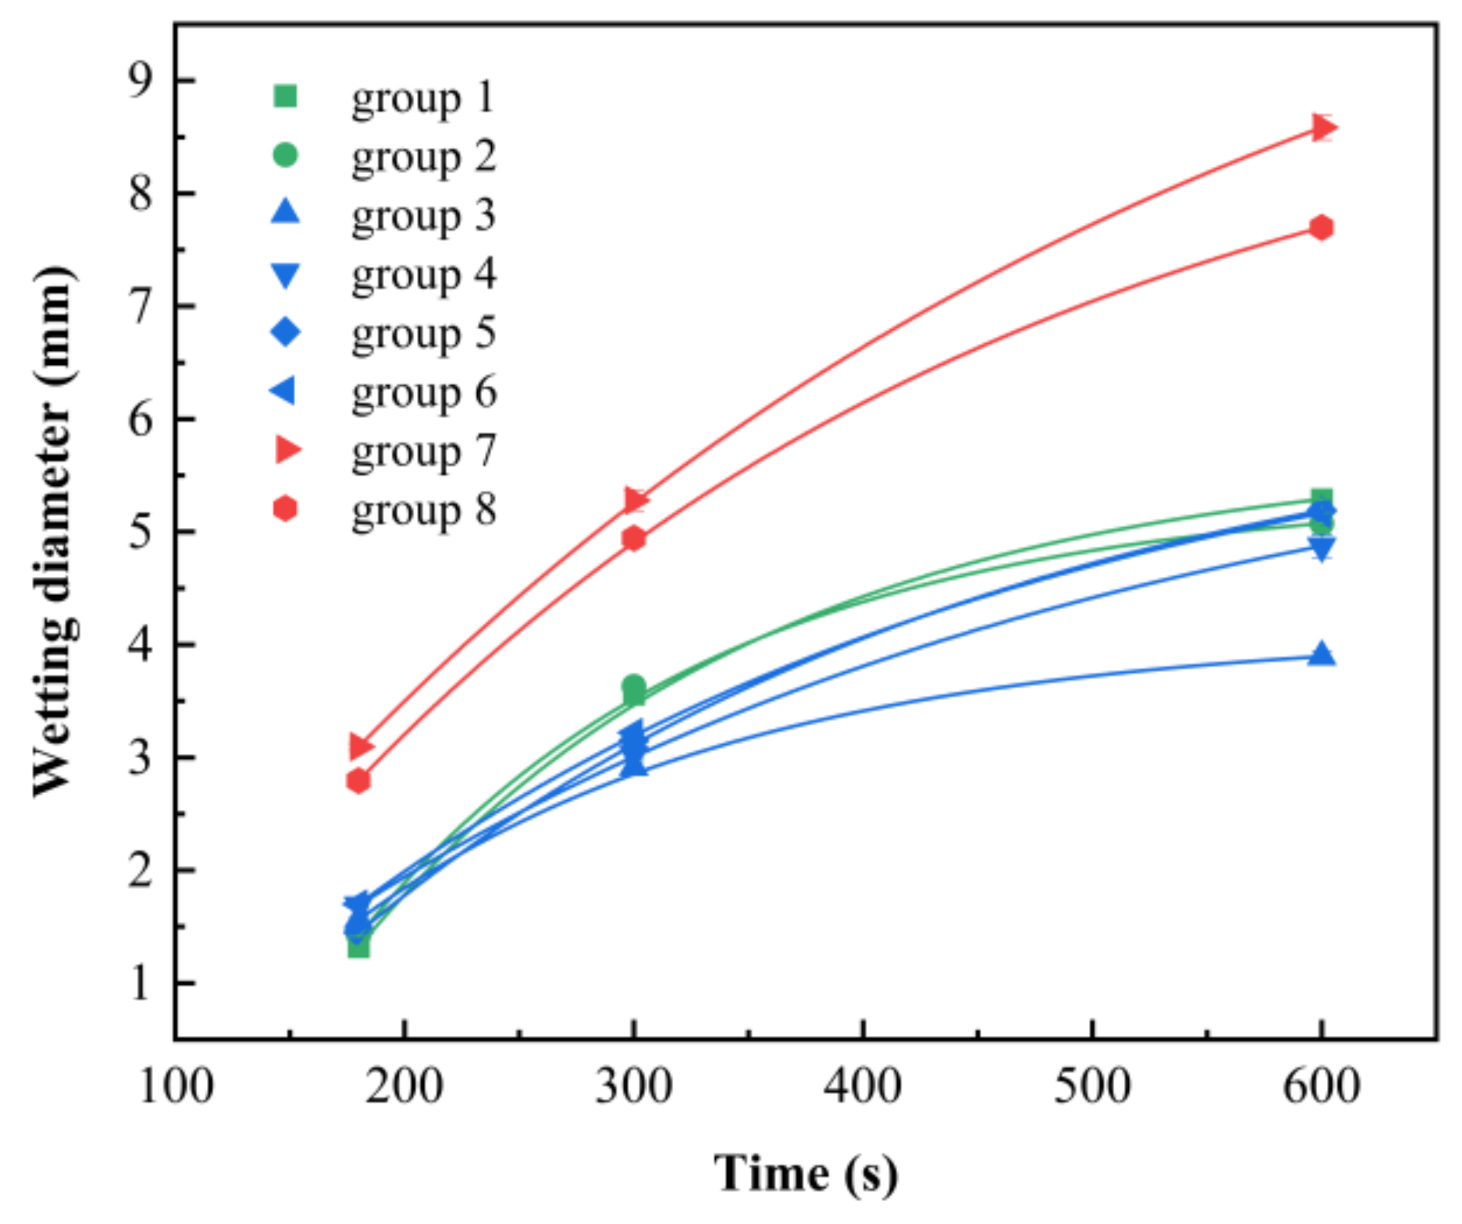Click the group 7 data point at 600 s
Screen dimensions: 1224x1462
click(x=1322, y=128)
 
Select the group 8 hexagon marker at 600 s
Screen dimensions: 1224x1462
click(x=1321, y=228)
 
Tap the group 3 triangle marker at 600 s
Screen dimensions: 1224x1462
click(x=1321, y=655)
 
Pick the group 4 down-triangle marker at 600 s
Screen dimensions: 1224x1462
click(x=1321, y=549)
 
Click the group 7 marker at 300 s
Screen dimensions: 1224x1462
click(x=634, y=500)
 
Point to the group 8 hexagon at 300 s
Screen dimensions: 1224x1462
click(x=633, y=538)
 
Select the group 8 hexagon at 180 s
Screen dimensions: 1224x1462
click(x=358, y=780)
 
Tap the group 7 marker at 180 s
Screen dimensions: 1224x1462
click(x=359, y=746)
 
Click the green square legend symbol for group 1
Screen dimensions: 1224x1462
click(x=286, y=95)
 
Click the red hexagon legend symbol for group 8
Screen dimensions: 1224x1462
click(x=285, y=509)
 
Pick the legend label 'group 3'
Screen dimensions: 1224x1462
click(x=423, y=215)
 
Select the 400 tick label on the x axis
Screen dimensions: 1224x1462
click(x=862, y=1087)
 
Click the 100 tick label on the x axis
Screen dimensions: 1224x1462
click(x=175, y=1087)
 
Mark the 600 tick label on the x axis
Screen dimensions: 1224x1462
click(x=1320, y=1087)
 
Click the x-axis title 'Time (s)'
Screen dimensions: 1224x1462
click(x=805, y=1175)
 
